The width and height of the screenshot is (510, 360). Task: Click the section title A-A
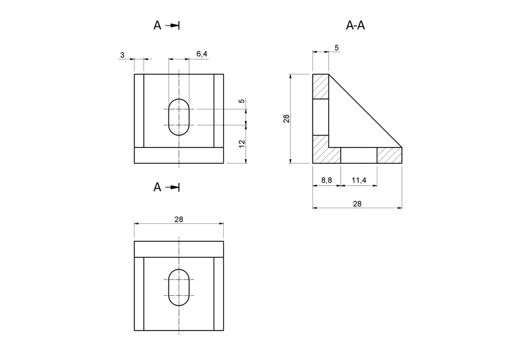(x=356, y=25)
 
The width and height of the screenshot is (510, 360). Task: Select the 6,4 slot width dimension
(x=202, y=54)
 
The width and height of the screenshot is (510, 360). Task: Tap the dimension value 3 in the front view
(x=122, y=55)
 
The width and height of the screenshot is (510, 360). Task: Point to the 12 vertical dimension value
(x=242, y=143)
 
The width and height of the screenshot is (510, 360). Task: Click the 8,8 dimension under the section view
(x=327, y=179)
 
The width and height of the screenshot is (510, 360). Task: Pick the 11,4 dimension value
(x=359, y=179)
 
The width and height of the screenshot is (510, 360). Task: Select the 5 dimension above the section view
(x=336, y=47)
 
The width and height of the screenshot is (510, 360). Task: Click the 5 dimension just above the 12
(x=242, y=101)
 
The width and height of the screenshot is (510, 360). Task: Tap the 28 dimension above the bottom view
(x=179, y=219)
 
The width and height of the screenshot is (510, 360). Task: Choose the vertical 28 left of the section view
(x=287, y=119)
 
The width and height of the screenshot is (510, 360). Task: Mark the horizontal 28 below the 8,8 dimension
(x=357, y=203)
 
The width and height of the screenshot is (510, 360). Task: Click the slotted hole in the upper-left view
(x=179, y=117)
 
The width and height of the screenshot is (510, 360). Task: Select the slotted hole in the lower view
(x=179, y=287)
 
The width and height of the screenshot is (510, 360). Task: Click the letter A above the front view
(x=157, y=25)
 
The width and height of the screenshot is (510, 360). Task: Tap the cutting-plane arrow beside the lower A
(x=173, y=187)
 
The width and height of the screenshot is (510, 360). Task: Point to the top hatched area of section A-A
(x=320, y=87)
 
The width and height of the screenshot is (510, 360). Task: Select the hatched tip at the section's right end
(x=388, y=155)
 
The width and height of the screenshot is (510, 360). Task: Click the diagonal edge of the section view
(x=365, y=110)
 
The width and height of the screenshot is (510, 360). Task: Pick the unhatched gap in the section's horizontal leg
(x=359, y=155)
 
